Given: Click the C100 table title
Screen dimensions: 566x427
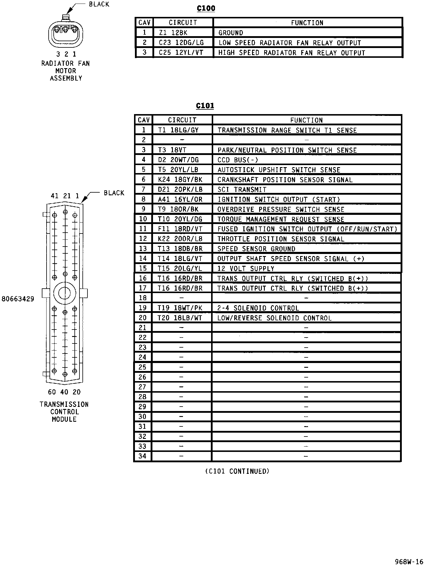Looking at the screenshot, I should click(206, 8).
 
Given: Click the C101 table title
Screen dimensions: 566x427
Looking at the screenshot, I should click(205, 106).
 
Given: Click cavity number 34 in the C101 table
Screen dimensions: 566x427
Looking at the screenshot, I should click(143, 456).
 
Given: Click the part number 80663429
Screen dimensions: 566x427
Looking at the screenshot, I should click(18, 299).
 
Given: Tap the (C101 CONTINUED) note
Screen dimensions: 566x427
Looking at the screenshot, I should click(237, 471).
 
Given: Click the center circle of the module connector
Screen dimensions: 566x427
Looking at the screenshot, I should click(64, 293).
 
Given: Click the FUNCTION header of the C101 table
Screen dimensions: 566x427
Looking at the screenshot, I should click(306, 120).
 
